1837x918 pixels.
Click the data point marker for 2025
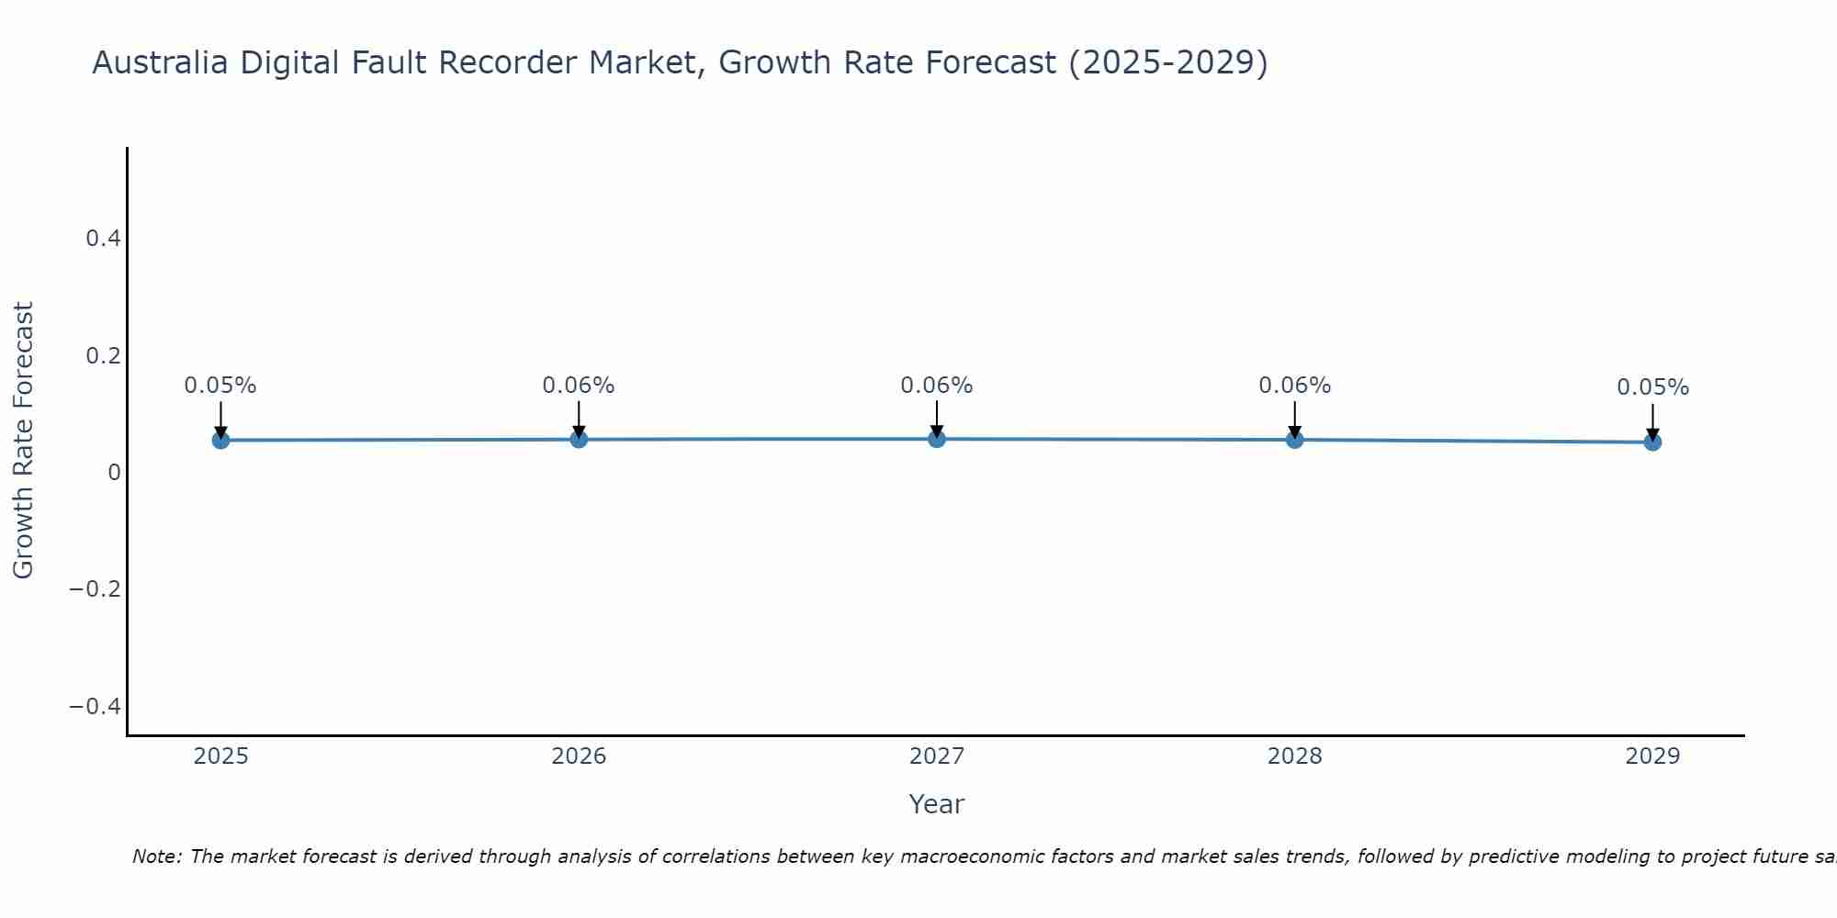coord(220,441)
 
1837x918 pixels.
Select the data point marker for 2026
coord(579,440)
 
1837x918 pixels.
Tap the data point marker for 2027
coord(937,439)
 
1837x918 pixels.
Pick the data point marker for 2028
coord(1294,440)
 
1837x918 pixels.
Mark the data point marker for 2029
coord(1652,442)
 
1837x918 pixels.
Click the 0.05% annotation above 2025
coord(220,386)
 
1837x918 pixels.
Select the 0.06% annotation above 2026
coord(579,386)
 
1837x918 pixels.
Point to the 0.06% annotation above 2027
coord(937,386)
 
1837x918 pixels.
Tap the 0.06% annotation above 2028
coord(1294,386)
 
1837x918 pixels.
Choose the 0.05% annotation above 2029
coord(1652,387)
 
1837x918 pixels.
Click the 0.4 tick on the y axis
coord(103,239)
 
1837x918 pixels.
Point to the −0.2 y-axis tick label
coord(96,588)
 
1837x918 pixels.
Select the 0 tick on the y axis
coord(114,472)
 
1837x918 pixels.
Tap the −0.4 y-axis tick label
coord(96,706)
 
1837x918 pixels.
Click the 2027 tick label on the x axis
coord(937,756)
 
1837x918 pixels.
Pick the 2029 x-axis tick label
coord(1652,756)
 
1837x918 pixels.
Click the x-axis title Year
coord(937,804)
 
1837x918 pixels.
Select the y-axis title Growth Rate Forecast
coord(23,441)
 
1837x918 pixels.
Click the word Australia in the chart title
coord(162,63)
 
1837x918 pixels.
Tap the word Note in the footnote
coord(156,856)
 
